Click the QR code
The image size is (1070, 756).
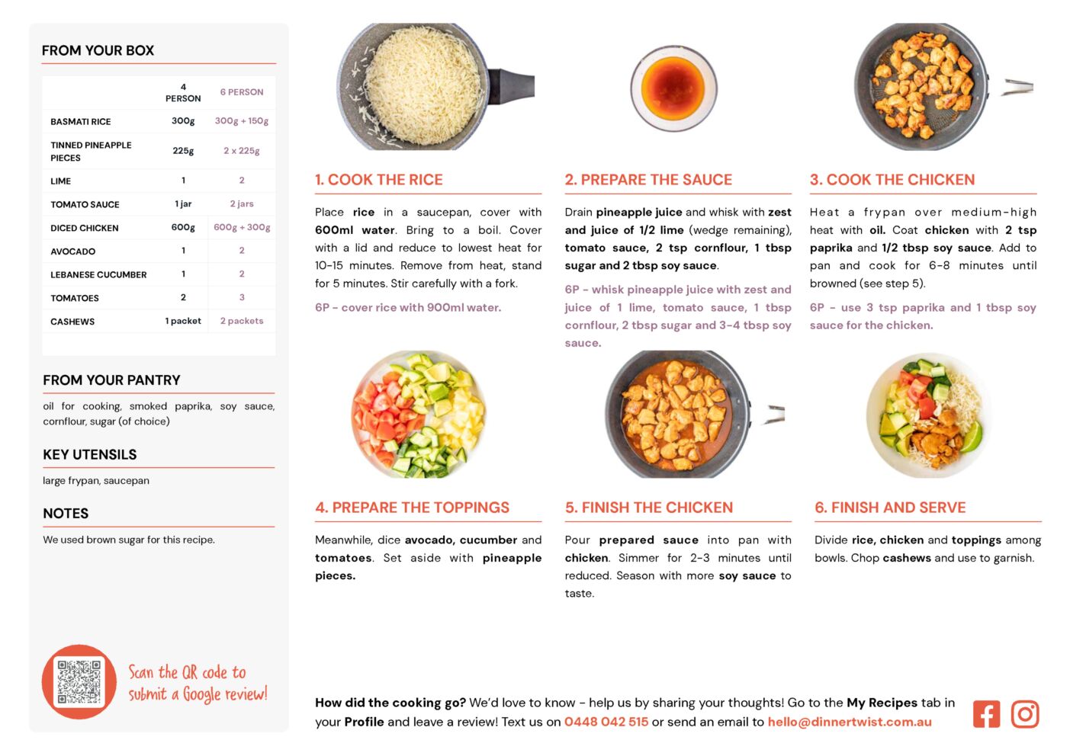(x=79, y=683)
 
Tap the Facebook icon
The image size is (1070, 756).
(x=986, y=715)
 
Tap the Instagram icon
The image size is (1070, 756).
(x=1024, y=715)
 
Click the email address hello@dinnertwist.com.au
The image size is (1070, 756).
(x=850, y=722)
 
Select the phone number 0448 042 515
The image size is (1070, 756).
(x=606, y=722)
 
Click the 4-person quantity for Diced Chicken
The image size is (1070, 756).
(x=183, y=228)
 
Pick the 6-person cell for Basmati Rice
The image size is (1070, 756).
(x=242, y=121)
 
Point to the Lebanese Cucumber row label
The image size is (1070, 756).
(x=98, y=275)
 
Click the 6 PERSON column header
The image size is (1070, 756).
(x=242, y=92)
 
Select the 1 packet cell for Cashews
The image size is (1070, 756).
(x=183, y=321)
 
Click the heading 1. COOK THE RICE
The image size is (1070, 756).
(x=379, y=179)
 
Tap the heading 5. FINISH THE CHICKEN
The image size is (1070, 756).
(x=649, y=508)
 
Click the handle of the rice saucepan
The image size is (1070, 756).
(x=512, y=86)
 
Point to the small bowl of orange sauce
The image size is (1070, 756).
(x=673, y=88)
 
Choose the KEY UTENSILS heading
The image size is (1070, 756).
(x=90, y=454)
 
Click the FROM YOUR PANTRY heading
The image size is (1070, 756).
(x=112, y=380)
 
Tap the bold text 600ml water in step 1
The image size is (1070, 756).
(x=355, y=230)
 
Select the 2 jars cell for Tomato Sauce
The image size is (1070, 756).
(x=242, y=203)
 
